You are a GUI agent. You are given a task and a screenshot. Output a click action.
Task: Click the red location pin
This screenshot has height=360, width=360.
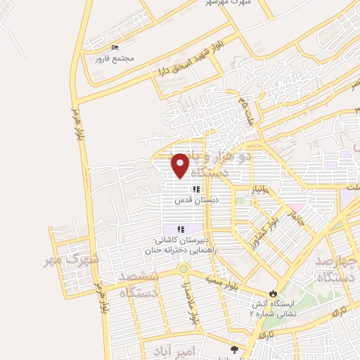[x=180, y=165]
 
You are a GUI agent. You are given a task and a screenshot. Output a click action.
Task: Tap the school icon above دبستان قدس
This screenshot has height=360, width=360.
[x=198, y=189]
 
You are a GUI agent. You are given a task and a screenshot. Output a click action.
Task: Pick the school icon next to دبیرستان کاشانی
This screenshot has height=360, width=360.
[x=181, y=229]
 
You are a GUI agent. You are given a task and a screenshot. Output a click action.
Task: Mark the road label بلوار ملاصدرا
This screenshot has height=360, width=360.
[x=190, y=303]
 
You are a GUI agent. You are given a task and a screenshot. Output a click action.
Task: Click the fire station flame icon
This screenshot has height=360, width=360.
[x=274, y=292]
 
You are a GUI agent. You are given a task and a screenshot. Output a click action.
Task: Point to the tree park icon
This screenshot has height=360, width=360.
[x=234, y=348]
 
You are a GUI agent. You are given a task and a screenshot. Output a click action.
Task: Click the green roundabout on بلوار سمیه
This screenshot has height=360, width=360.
[x=183, y=269]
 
